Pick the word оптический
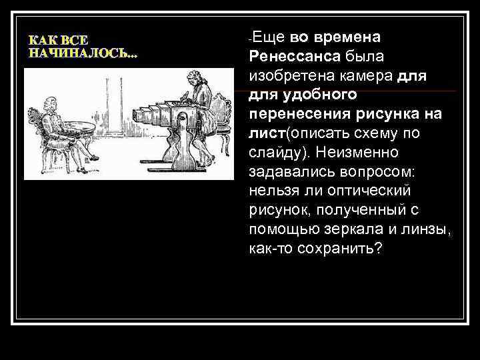pyautogui.click(x=387, y=191)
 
